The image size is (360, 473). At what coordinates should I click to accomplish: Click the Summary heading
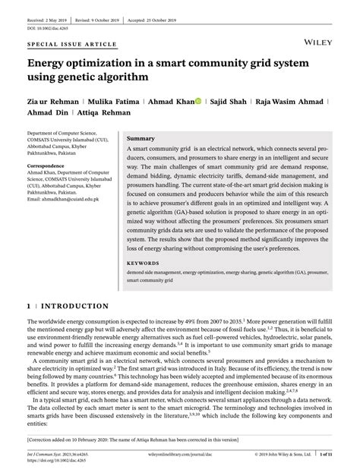141,139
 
